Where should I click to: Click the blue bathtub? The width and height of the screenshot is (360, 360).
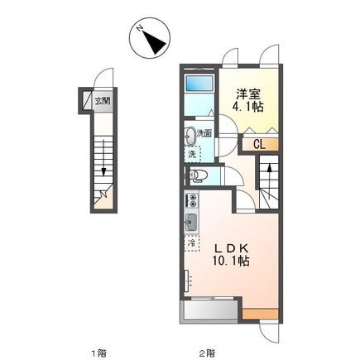tap(199, 84)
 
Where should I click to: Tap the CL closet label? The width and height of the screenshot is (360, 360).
tap(258, 144)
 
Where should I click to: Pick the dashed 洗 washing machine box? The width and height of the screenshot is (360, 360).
tap(191, 154)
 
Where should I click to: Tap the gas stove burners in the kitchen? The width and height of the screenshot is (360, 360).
tap(192, 201)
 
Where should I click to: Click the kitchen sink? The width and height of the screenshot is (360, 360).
tap(192, 222)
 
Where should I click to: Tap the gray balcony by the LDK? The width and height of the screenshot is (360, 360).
tap(208, 312)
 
